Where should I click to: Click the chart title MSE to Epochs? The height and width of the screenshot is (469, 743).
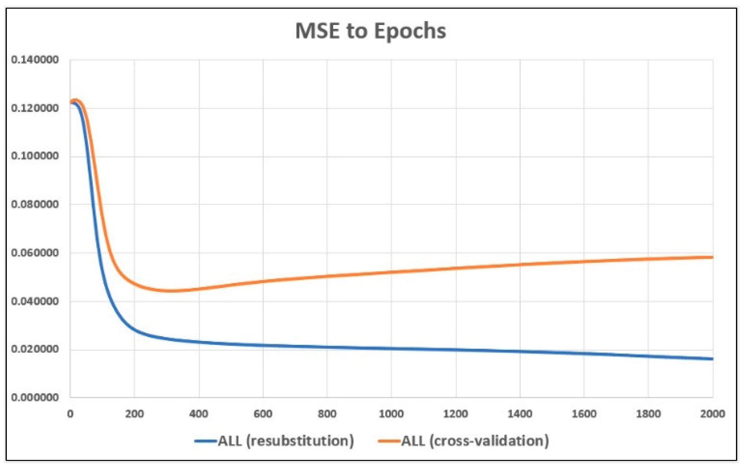click(x=371, y=31)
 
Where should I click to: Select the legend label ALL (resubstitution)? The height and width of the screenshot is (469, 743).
click(x=286, y=441)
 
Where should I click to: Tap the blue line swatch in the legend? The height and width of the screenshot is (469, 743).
click(x=206, y=441)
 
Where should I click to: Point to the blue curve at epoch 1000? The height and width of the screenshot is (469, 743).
click(x=391, y=349)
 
